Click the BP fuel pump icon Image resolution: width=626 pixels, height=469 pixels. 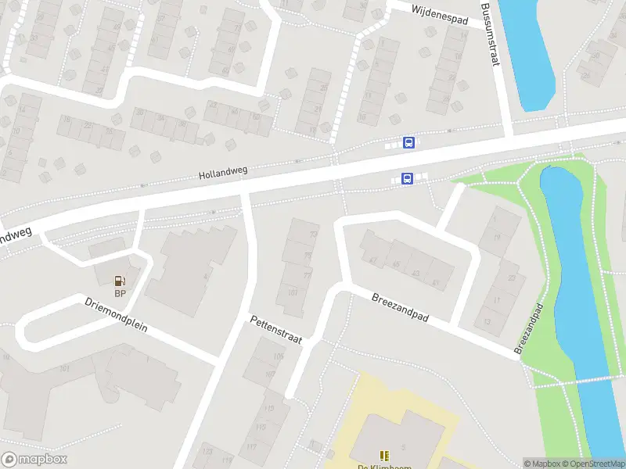[121, 281]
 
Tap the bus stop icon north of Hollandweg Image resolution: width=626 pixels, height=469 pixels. [408, 142]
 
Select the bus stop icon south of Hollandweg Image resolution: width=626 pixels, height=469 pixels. [407, 179]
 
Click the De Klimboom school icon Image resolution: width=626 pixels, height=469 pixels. [383, 456]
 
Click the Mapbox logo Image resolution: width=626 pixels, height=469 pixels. [34, 460]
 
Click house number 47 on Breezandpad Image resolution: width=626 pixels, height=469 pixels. [373, 260]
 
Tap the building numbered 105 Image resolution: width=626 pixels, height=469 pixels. [279, 356]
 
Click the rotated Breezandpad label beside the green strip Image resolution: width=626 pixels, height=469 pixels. [530, 330]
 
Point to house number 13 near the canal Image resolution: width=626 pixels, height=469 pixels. [487, 321]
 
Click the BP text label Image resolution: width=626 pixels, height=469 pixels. [121, 294]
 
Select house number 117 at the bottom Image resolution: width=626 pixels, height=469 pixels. [251, 447]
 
